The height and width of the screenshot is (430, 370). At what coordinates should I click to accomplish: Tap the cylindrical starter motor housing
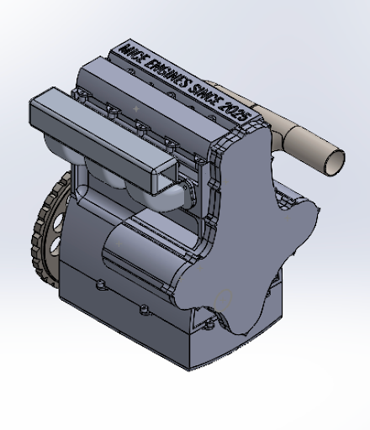coord(139,252)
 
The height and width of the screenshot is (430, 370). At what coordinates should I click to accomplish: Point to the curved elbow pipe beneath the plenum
coord(172,197)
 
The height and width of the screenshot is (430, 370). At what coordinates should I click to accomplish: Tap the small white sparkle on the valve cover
coord(137,109)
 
